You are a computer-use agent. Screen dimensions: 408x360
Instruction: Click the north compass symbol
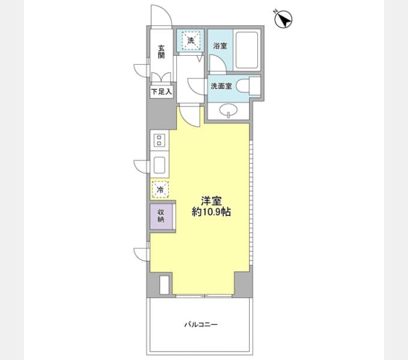point(283,19)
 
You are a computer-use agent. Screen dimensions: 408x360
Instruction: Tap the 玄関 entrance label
point(161,52)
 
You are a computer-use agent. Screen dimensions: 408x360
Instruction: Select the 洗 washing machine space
point(191,40)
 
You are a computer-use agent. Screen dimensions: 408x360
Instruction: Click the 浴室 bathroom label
point(220,46)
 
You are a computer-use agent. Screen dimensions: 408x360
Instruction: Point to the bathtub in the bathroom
point(247,50)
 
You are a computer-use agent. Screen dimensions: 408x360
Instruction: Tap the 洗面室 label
point(221,86)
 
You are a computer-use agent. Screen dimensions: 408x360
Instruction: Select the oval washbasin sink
point(228,111)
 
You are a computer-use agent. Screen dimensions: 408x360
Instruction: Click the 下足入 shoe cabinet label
point(161,92)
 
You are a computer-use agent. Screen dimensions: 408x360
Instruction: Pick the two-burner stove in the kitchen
point(159,140)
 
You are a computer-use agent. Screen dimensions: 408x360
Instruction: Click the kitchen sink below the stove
point(159,165)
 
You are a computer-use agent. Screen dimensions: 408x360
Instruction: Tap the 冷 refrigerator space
point(160,190)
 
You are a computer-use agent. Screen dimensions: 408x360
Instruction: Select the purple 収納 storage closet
point(161,216)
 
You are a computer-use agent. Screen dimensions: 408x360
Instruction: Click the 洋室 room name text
point(211,201)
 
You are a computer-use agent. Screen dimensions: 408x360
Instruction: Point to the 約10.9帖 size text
point(211,212)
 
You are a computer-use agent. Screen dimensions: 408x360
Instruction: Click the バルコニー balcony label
point(201,325)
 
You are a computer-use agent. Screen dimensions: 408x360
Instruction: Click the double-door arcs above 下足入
point(161,77)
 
